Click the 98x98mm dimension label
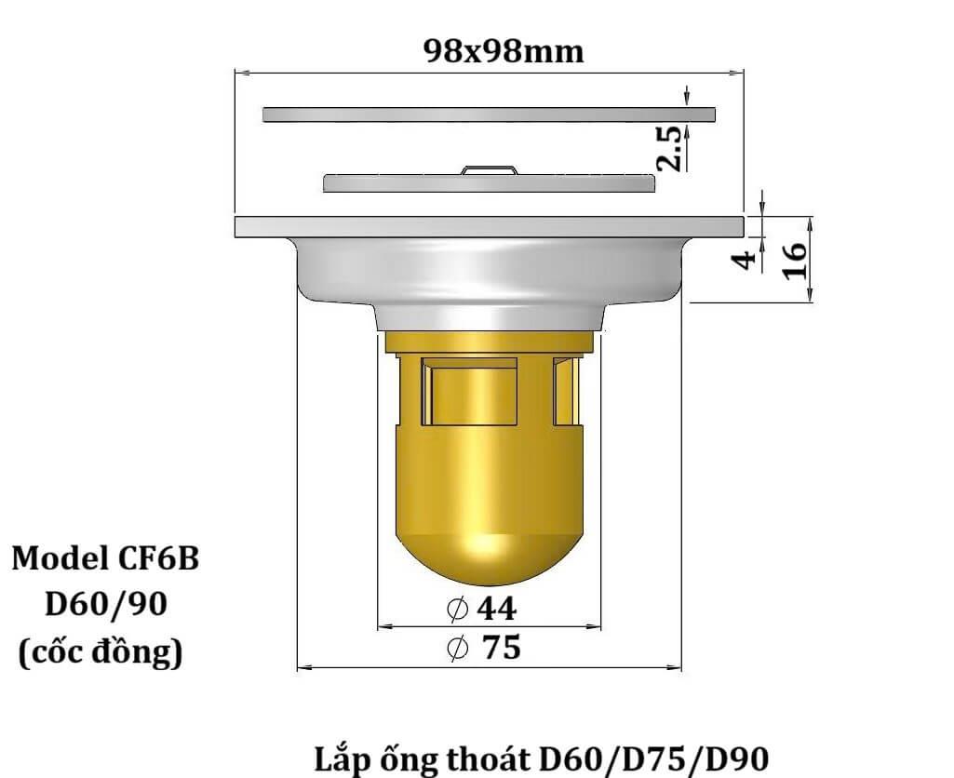point(504,50)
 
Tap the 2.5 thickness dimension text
point(669,146)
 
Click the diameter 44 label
point(482,609)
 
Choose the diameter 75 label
point(484,647)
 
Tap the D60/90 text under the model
point(106,605)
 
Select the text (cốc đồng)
point(101,652)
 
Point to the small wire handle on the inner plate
point(490,168)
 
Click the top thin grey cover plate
point(489,114)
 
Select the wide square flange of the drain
point(489,226)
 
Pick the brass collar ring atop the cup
point(489,342)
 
